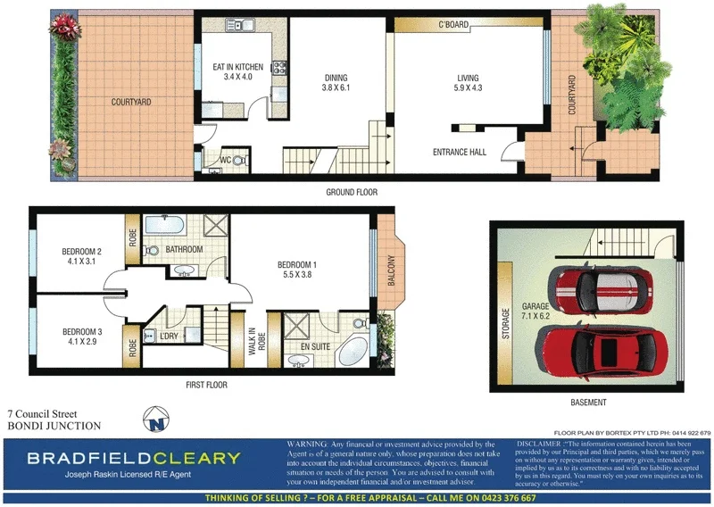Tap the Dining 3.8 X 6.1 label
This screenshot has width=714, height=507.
pos(335,83)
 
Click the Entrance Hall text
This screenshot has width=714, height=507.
pos(459,153)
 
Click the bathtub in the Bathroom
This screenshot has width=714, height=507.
pos(163,224)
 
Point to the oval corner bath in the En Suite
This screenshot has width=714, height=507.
pos(353,350)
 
